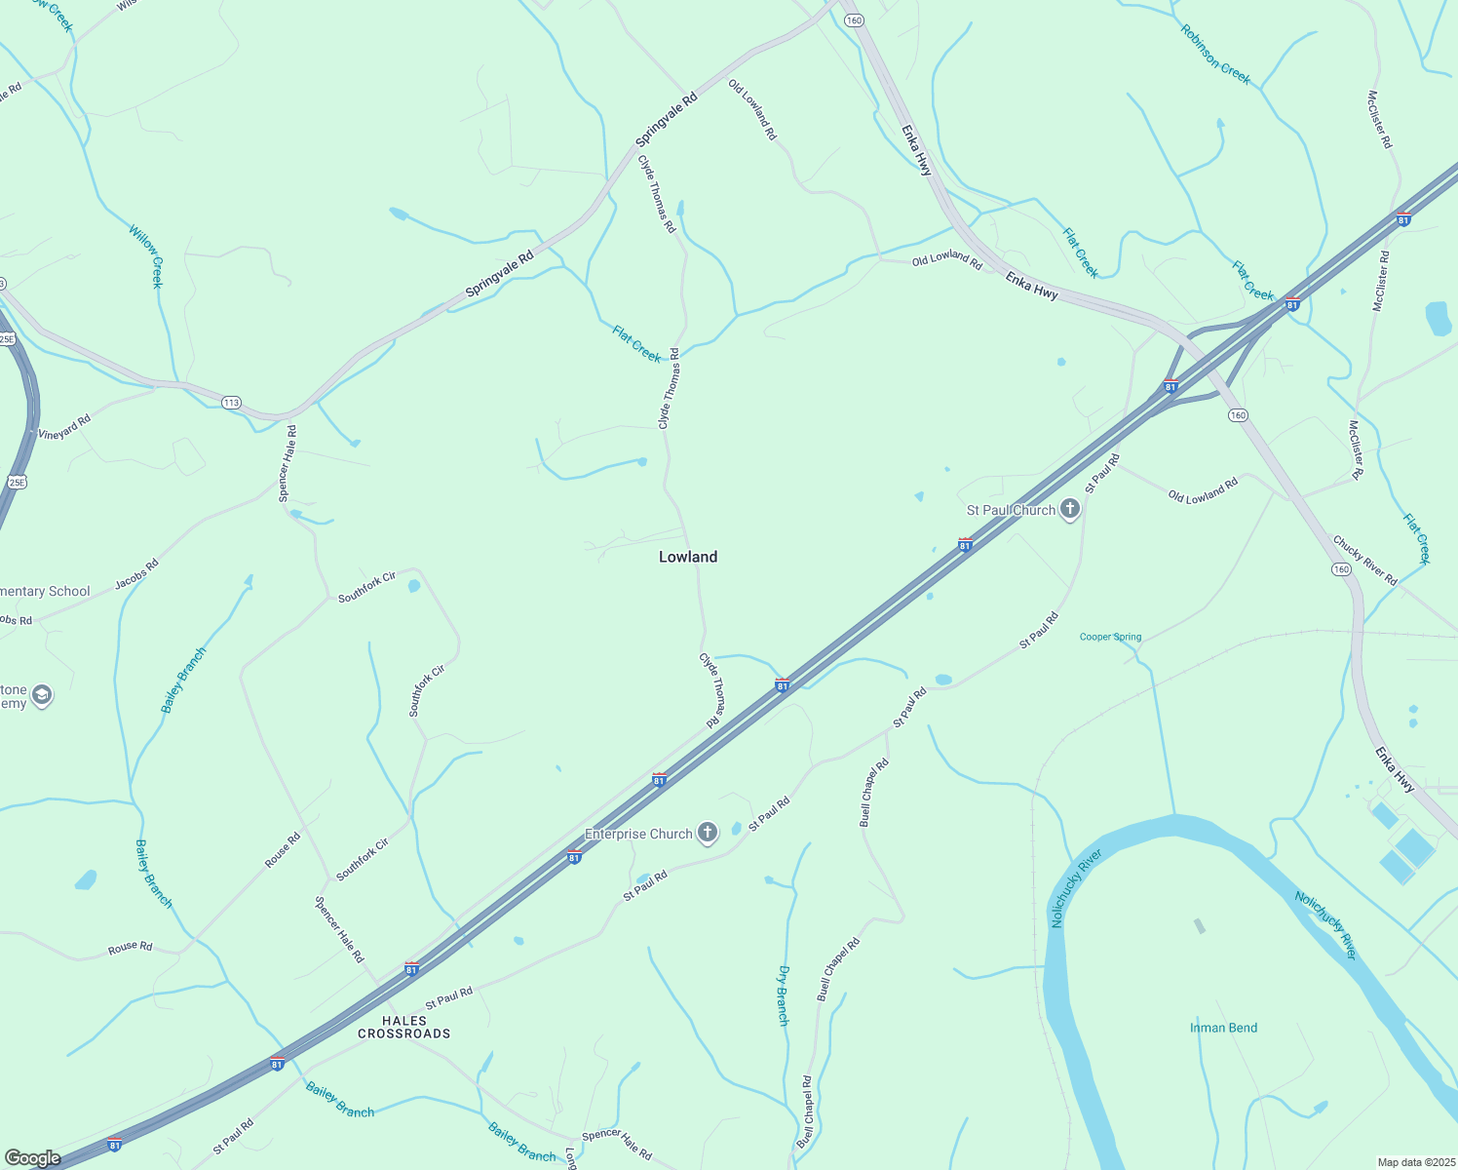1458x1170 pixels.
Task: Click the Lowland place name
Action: pos(688,557)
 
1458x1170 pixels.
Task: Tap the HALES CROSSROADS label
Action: pos(403,1028)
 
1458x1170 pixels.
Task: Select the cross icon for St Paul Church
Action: pos(1070,509)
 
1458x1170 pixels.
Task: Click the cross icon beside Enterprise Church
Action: pos(708,833)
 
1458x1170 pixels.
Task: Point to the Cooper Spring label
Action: pos(1110,637)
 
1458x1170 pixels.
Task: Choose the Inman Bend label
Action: pos(1223,1028)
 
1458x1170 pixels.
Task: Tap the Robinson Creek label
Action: pos(1215,55)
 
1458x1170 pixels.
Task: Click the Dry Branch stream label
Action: pos(783,995)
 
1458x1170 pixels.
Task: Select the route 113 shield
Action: pos(231,403)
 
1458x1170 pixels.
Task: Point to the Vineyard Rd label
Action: pos(64,427)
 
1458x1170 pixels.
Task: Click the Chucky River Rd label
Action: pos(1364,561)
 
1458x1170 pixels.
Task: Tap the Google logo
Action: pos(33,1158)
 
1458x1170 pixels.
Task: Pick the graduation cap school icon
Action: pos(41,695)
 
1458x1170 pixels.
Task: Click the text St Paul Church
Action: pos(1011,510)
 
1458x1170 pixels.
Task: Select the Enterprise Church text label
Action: pos(638,834)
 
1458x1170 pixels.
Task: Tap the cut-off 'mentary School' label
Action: pos(45,591)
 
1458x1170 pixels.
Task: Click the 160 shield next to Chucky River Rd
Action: pos(1341,569)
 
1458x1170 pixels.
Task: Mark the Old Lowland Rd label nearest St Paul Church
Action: pos(1203,490)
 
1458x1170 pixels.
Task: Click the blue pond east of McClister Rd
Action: pos(1439,318)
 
